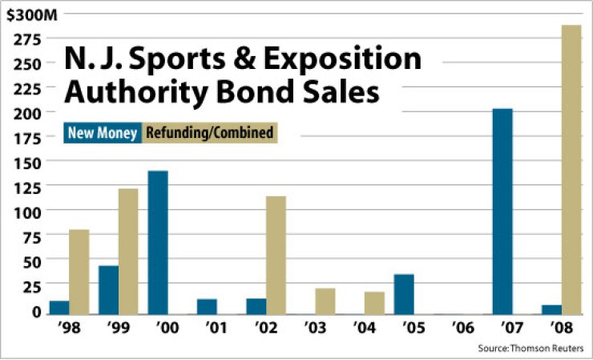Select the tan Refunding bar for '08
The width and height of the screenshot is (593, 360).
pyautogui.click(x=571, y=168)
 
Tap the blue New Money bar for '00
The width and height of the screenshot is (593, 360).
pyautogui.click(x=158, y=241)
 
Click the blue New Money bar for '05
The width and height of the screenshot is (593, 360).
pyautogui.click(x=404, y=293)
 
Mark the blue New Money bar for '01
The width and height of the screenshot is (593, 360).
pyautogui.click(x=207, y=305)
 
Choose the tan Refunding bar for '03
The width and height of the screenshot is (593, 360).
pyautogui.click(x=325, y=300)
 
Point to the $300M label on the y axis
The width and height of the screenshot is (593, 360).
pyautogui.click(x=27, y=14)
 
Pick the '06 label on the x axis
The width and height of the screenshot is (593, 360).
pyautogui.click(x=463, y=329)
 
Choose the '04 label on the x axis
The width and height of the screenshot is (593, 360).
pyautogui.click(x=365, y=329)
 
